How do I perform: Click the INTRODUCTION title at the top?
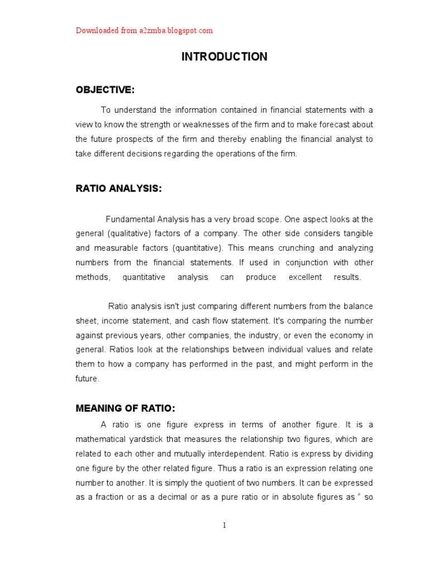coord(225,57)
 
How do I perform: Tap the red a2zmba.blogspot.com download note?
coord(144,31)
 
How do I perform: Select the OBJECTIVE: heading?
coord(105,90)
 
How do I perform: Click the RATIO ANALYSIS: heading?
coord(118,189)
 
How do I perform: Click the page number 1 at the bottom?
coord(224,525)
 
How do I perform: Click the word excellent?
coord(306,277)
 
